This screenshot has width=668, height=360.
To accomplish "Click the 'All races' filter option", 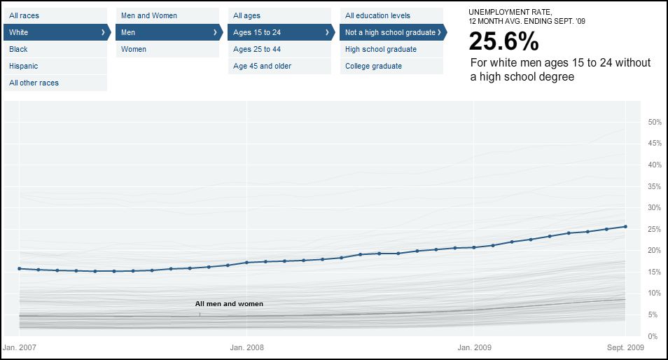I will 25,15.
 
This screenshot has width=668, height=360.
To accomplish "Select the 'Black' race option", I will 19,49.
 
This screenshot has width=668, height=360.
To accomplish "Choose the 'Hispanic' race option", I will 24,66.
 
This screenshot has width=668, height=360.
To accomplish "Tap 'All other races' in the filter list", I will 34,83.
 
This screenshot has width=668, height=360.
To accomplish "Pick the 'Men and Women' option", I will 149,15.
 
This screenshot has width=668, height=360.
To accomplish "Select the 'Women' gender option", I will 134,49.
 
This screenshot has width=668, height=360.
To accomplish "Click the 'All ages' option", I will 247,15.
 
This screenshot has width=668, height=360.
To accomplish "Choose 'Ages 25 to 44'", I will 257,49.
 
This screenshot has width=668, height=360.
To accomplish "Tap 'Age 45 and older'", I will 262,66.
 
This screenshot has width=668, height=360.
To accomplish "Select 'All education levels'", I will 377,15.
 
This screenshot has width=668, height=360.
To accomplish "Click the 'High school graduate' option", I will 381,49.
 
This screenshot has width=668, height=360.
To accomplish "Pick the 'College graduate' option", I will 373,66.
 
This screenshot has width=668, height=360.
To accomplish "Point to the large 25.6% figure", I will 504,42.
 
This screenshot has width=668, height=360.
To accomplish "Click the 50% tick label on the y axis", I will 655,122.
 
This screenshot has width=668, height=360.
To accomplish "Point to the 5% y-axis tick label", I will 653,315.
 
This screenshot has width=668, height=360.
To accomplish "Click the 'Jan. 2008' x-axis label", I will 247,347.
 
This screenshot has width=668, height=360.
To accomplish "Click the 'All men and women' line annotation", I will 229,304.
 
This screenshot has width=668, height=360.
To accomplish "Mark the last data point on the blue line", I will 625,226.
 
